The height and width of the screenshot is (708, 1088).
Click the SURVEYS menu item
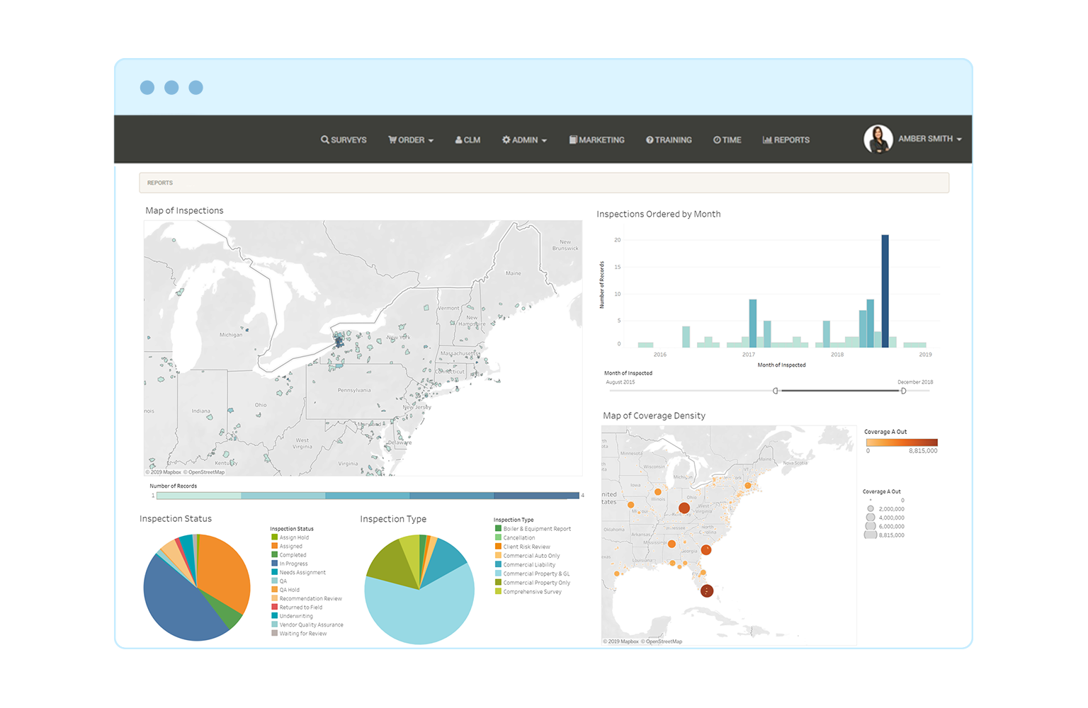point(344,140)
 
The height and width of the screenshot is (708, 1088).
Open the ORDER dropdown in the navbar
point(411,140)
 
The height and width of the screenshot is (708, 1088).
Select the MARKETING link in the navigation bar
point(597,140)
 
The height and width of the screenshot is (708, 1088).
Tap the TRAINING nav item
point(669,140)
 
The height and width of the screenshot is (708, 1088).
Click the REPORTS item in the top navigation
point(786,140)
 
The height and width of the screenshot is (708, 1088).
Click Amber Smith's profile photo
point(878,139)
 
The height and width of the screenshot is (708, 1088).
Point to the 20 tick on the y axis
point(618,240)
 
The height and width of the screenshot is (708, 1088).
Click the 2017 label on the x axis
point(749,355)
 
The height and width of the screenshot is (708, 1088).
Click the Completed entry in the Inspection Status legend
point(293,555)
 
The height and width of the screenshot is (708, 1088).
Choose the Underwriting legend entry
point(296,616)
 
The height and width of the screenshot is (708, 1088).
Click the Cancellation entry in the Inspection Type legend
point(519,538)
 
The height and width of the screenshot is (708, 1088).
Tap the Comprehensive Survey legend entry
point(532,592)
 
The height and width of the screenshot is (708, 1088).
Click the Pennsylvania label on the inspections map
point(354,390)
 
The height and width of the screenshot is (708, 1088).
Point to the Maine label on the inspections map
point(513,273)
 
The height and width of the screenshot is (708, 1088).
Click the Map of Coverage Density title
point(654,416)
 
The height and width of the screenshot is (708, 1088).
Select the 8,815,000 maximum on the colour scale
point(923,451)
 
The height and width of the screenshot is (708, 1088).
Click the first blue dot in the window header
point(147,87)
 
